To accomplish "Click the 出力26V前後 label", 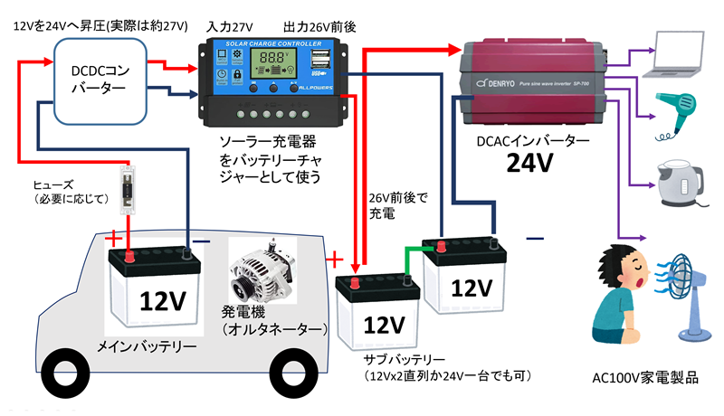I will coord(316,30).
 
